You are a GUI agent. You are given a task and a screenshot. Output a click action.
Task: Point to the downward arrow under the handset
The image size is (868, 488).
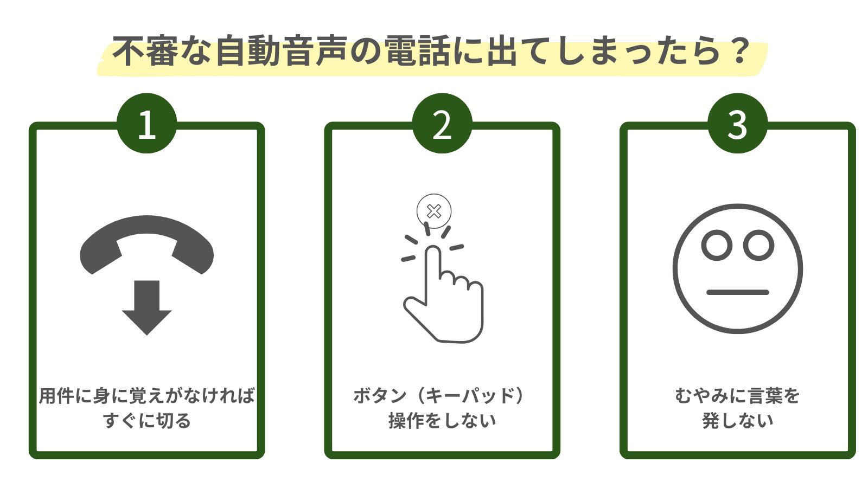146,306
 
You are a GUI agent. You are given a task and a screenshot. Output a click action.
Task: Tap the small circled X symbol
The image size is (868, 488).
434,211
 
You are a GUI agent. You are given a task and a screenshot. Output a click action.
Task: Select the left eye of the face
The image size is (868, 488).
717,245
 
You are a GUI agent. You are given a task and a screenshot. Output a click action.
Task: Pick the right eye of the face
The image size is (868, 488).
758,245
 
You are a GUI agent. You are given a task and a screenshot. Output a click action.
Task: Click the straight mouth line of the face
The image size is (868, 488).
737,292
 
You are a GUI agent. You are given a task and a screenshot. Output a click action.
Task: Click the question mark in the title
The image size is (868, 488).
737,52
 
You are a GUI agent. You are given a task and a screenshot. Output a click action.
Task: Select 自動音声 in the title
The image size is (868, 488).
282,52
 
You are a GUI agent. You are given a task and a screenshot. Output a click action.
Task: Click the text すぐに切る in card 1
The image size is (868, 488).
146,421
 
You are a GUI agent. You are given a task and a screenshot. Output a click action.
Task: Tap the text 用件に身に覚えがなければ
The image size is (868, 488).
146,396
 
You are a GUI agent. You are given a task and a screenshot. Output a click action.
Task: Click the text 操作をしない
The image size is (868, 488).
442,421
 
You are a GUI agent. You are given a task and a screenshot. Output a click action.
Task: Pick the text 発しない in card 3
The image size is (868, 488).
737,421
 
